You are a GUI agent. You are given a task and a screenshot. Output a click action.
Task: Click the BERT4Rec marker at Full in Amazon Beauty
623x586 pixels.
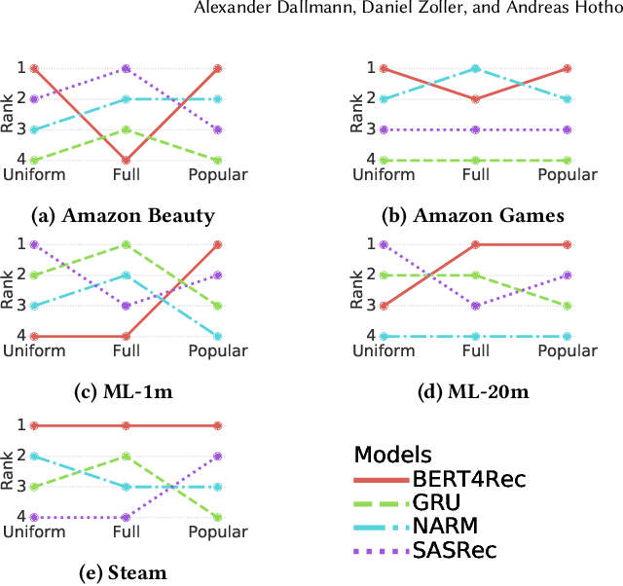tap(126, 160)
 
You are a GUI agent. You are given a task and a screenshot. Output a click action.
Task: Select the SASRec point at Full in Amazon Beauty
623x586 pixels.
tap(126, 68)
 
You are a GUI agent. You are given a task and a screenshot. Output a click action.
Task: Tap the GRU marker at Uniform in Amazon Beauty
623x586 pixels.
tap(34, 160)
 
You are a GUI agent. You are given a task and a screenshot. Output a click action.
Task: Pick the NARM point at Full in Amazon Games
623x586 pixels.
tap(476, 68)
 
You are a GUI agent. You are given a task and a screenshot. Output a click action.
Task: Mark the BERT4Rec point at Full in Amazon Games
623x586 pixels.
tap(476, 99)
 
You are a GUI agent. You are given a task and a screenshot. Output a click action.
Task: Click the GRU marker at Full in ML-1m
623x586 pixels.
tap(126, 244)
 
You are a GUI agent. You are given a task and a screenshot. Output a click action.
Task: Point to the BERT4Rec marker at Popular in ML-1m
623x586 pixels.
tap(218, 244)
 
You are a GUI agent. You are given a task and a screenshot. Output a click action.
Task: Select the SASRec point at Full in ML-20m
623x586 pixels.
tap(476, 306)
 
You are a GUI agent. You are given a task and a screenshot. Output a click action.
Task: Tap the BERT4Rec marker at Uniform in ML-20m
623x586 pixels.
tap(385, 306)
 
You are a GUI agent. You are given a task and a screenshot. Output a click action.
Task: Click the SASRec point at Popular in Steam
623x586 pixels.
tap(218, 456)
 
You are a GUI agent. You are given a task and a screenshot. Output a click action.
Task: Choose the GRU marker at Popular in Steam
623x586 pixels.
tap(218, 517)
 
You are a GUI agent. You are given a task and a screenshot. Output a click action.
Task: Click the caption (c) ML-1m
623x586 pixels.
tap(126, 393)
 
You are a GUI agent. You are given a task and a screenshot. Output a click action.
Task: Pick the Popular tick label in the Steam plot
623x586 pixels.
tap(218, 532)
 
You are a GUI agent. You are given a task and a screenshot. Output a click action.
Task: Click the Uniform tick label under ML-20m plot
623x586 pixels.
tap(385, 351)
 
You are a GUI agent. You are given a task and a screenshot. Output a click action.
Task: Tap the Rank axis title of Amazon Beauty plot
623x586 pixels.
tap(9, 114)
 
